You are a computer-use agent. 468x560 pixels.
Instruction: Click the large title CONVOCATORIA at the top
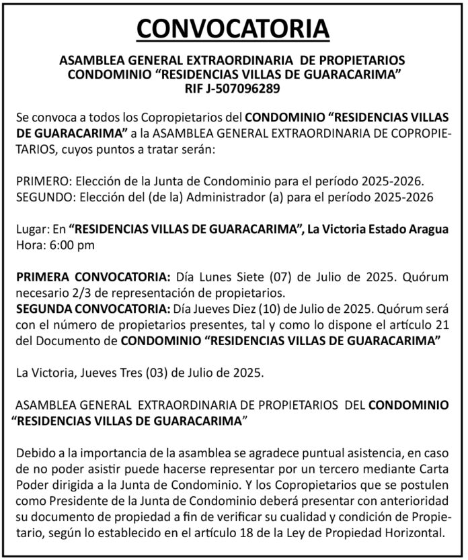(233, 29)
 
